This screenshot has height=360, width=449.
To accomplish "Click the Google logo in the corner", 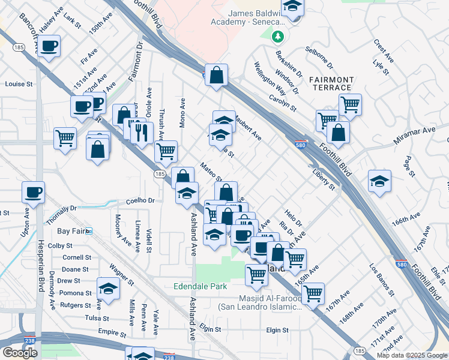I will click(x=20, y=353).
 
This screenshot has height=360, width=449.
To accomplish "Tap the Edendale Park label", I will click(x=200, y=286).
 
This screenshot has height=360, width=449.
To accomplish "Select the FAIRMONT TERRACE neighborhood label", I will click(x=331, y=83).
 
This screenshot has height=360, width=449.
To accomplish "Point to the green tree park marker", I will click(x=277, y=37).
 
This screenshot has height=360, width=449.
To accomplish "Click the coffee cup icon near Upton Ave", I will click(x=34, y=193).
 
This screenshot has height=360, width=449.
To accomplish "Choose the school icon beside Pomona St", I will click(x=108, y=289).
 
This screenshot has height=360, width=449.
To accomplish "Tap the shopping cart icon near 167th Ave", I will click(x=313, y=293).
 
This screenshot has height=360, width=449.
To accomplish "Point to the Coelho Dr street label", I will click(x=140, y=201).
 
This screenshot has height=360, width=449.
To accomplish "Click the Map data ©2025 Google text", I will click(x=412, y=355).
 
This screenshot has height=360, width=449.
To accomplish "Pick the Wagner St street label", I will click(x=121, y=274).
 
